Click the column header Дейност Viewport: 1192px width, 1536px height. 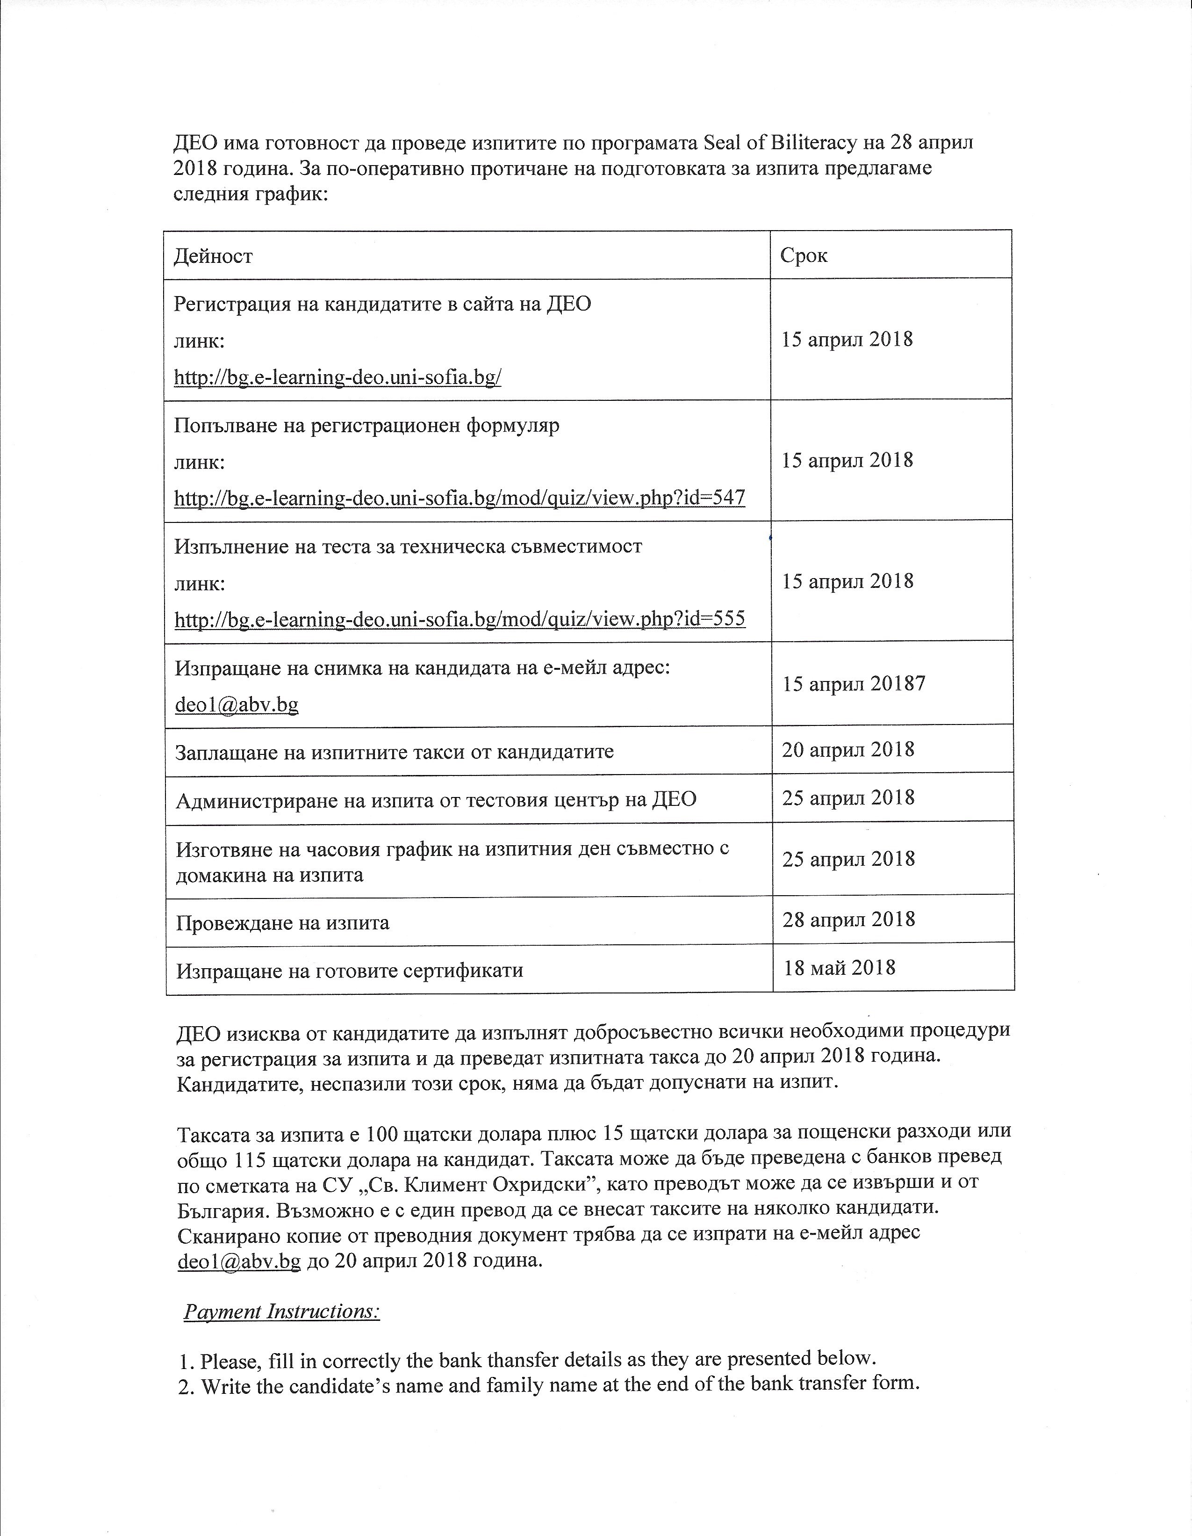[213, 255]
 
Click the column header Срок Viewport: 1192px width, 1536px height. [804, 255]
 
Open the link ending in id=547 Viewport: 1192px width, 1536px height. [460, 499]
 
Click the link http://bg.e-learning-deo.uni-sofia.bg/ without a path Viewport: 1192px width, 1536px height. [337, 377]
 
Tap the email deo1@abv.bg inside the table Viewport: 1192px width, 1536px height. [237, 704]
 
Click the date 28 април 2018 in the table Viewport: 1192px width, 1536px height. [848, 919]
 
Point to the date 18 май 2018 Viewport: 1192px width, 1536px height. [839, 968]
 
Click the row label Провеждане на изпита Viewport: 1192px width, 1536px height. [282, 922]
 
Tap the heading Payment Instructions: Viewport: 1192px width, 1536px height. [282, 1311]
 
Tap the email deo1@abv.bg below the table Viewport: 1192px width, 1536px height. [239, 1261]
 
